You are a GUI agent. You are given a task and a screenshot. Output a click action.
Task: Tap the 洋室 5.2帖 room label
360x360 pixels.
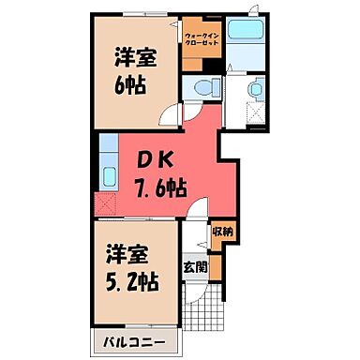130,267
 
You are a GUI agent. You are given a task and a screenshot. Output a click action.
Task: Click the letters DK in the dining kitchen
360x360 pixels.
156,159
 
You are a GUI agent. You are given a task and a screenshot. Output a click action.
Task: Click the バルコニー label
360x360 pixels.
130,341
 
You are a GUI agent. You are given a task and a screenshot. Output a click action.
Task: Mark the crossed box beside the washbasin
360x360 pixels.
253,112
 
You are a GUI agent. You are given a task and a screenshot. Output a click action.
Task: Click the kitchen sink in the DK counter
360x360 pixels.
108,174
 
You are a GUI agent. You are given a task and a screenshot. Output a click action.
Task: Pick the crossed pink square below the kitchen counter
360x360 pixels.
107,201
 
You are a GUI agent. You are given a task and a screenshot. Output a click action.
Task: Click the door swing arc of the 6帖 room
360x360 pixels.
169,116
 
